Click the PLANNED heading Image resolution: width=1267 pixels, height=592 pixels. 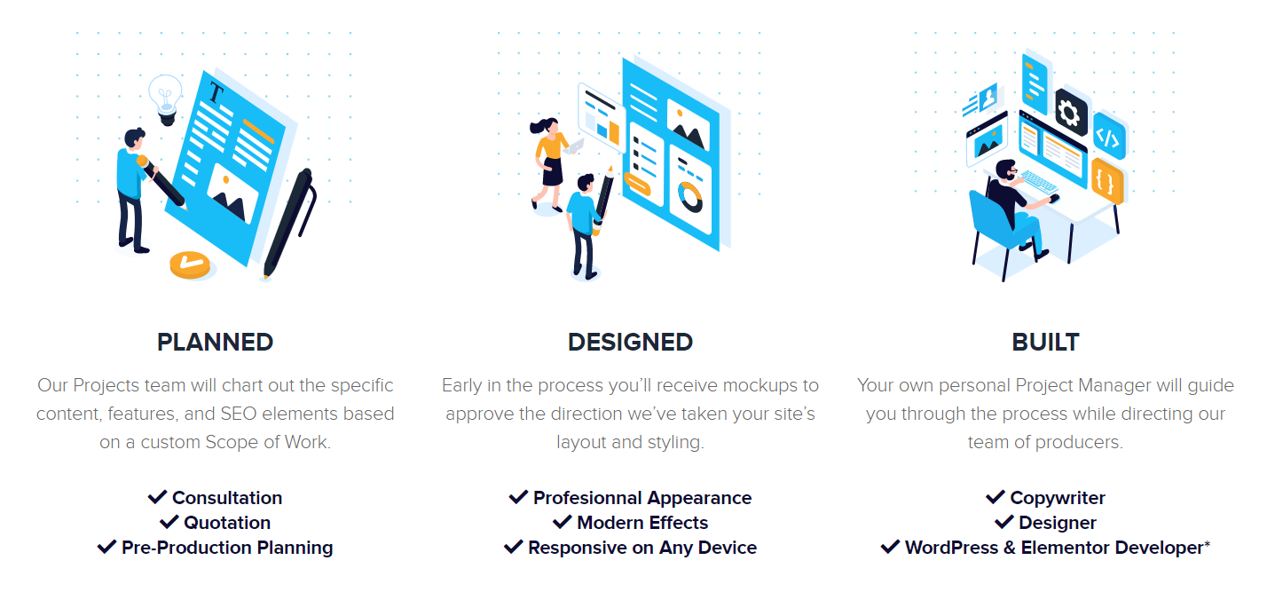click(x=215, y=342)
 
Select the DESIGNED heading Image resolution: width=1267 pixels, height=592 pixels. click(x=630, y=342)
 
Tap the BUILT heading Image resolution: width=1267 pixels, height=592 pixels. click(x=1045, y=342)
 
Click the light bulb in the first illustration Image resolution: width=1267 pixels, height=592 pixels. click(x=166, y=99)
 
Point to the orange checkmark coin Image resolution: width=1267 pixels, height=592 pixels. click(x=190, y=264)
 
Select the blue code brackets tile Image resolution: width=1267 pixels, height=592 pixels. click(x=1109, y=137)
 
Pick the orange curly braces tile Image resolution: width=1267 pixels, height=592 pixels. click(x=1107, y=181)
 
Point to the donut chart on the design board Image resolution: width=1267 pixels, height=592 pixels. click(x=690, y=196)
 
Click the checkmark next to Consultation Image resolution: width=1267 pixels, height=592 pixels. click(x=157, y=497)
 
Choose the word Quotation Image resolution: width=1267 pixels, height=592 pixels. click(x=227, y=523)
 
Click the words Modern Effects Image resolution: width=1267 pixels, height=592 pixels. click(x=642, y=523)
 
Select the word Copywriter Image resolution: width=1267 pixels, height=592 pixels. click(x=1058, y=498)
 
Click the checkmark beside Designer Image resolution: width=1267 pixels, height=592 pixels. click(x=1004, y=522)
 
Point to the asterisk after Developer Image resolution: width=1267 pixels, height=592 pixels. click(x=1207, y=544)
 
